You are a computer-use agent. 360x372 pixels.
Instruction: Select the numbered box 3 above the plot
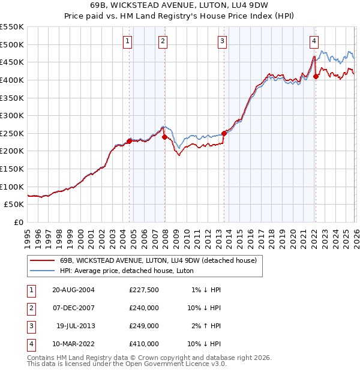pos(222,41)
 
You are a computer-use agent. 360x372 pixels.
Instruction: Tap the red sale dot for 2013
pos(224,133)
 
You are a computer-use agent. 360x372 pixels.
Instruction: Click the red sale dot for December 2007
pos(164,137)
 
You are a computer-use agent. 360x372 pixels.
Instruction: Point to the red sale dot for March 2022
pos(316,76)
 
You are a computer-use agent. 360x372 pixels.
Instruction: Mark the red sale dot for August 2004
pos(130,141)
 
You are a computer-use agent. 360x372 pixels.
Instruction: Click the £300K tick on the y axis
pos(12,115)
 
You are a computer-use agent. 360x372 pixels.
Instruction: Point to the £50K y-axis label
pos(14,204)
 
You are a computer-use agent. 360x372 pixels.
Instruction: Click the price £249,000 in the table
pos(144,326)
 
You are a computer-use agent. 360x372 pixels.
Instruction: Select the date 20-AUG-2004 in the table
pos(73,289)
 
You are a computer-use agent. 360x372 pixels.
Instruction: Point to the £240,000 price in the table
pos(144,308)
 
